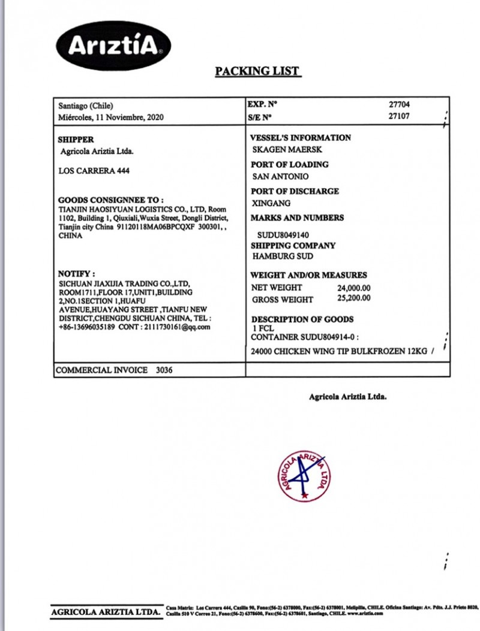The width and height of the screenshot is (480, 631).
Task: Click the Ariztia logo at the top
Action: [x=113, y=45]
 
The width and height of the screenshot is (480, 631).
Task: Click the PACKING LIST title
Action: [x=257, y=71]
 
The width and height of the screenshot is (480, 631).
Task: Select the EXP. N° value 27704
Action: [x=399, y=104]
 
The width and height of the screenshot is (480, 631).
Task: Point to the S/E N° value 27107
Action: [x=399, y=116]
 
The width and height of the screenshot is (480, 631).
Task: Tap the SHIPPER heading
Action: [x=76, y=139]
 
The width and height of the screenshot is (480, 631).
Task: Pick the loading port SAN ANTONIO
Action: [x=281, y=177]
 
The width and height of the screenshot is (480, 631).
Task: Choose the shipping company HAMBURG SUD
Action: [x=283, y=256]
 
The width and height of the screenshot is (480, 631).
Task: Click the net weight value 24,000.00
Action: [x=354, y=288]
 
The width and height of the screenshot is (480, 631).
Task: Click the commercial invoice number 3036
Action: [x=164, y=370]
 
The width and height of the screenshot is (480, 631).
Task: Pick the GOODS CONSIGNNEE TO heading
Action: [x=111, y=200]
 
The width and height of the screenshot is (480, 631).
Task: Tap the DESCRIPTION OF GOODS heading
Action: [x=302, y=319]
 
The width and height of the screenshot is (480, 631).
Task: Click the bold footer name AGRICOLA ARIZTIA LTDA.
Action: [x=106, y=612]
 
